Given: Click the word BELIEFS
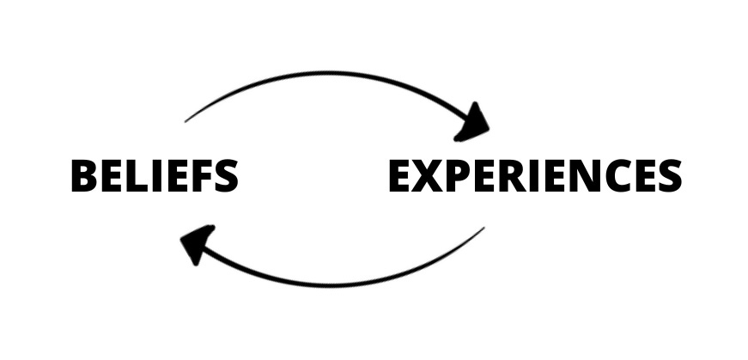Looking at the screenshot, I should pos(154,176).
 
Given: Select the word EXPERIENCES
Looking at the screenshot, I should pos(534,176).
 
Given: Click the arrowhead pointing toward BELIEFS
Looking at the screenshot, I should pos(197,242).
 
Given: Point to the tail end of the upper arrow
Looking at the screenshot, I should pos(186,119).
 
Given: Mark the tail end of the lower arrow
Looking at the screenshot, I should pos(483,229).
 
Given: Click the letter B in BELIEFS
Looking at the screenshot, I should pos(84,176).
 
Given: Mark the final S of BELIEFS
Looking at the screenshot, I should pos(225,176).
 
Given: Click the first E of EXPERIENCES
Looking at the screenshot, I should pos(401,176).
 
